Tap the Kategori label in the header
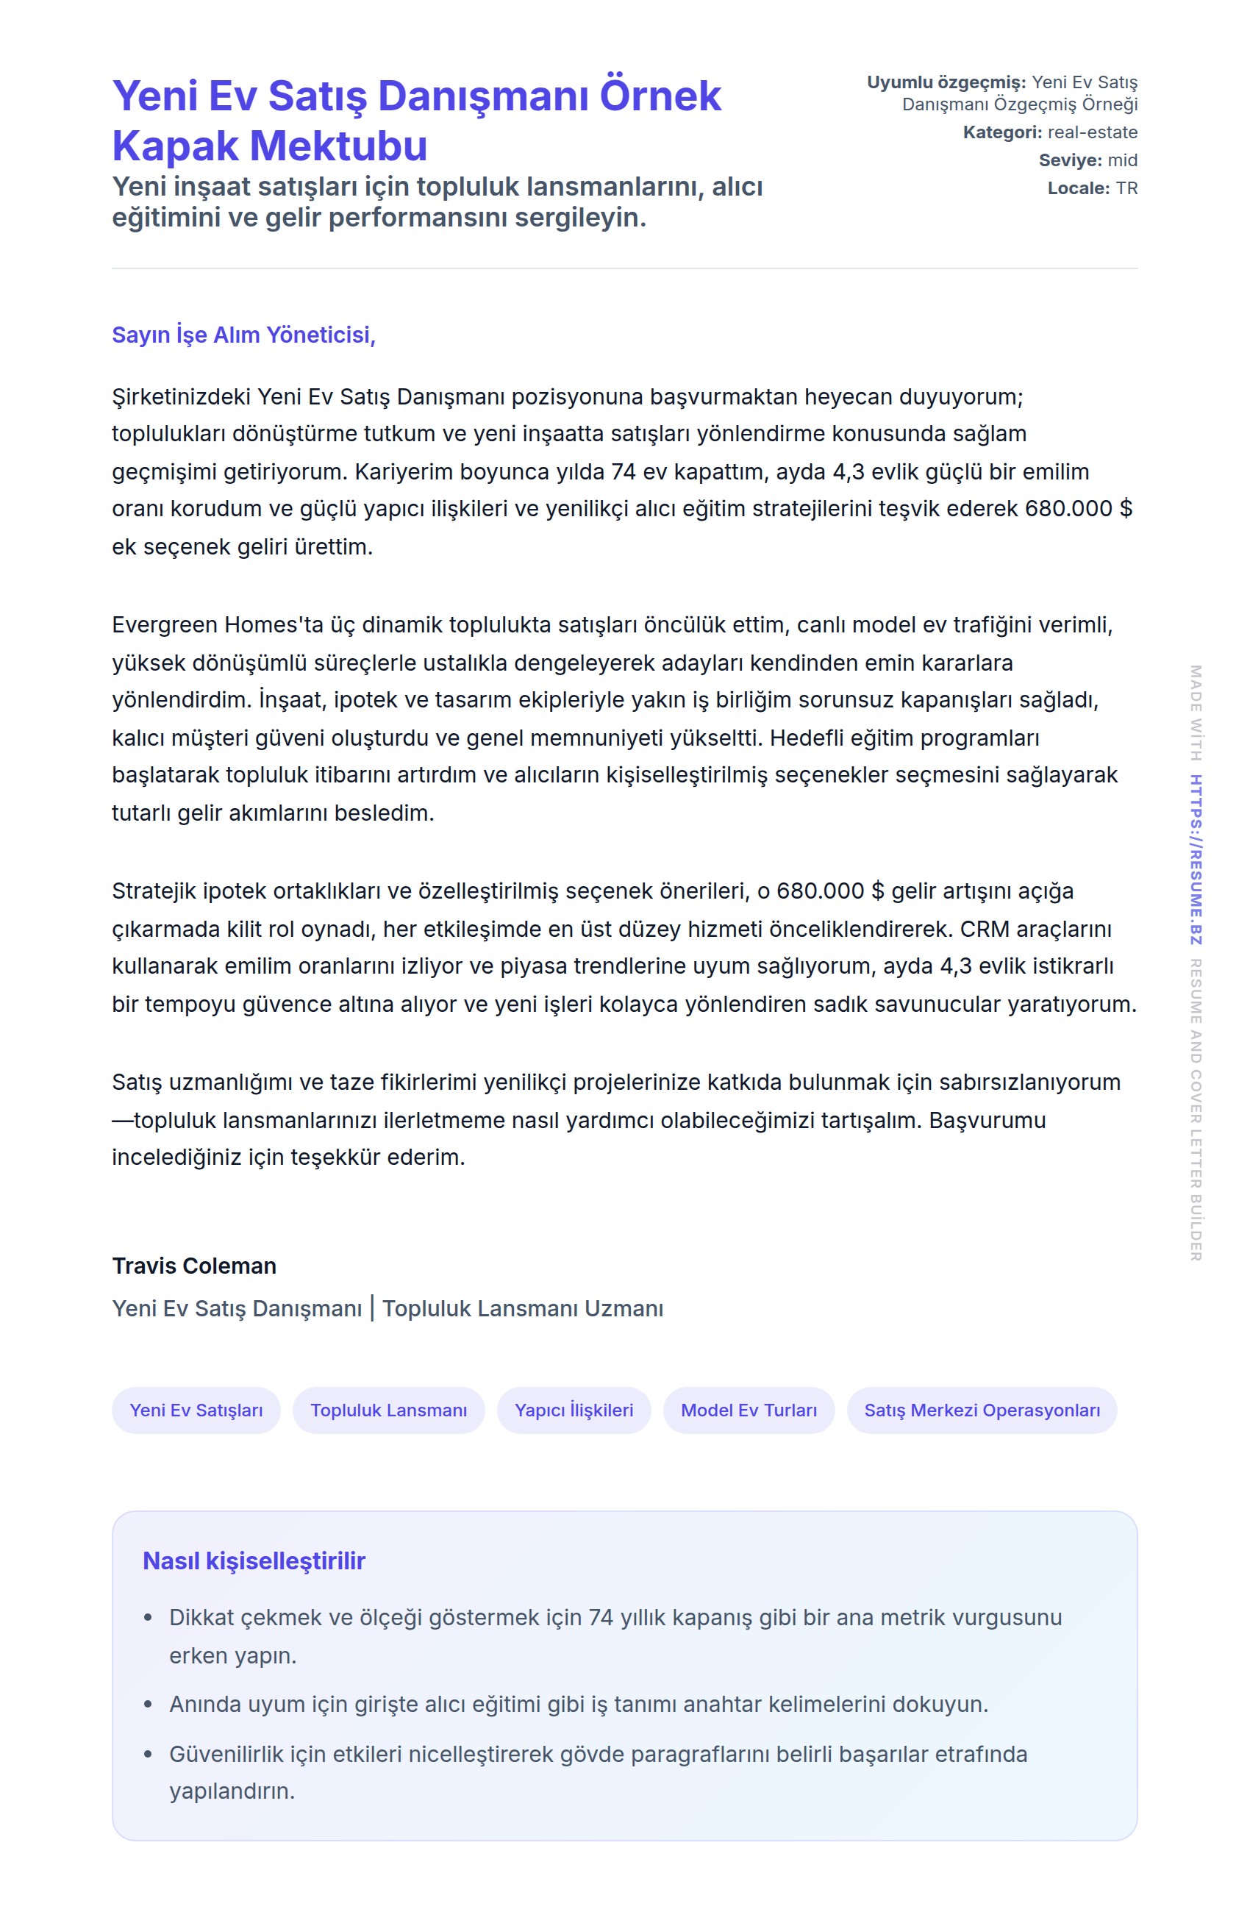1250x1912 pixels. point(1001,132)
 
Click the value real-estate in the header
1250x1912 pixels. point(1092,132)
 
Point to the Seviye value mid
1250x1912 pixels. point(1122,160)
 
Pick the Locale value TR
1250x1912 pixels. point(1126,189)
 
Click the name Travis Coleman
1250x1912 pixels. point(194,1266)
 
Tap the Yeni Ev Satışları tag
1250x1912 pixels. point(196,1410)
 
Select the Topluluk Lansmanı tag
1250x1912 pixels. point(389,1410)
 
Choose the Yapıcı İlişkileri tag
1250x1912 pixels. point(574,1410)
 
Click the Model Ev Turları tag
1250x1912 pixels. point(749,1410)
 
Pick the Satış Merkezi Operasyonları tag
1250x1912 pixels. point(982,1410)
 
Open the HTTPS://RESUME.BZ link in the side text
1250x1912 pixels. point(1196,859)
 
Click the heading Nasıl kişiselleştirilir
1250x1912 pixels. point(254,1561)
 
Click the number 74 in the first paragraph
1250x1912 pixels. point(624,471)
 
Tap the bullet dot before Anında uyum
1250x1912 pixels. point(148,1704)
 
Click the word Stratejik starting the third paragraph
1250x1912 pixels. point(154,892)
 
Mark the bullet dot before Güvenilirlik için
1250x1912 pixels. point(148,1754)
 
